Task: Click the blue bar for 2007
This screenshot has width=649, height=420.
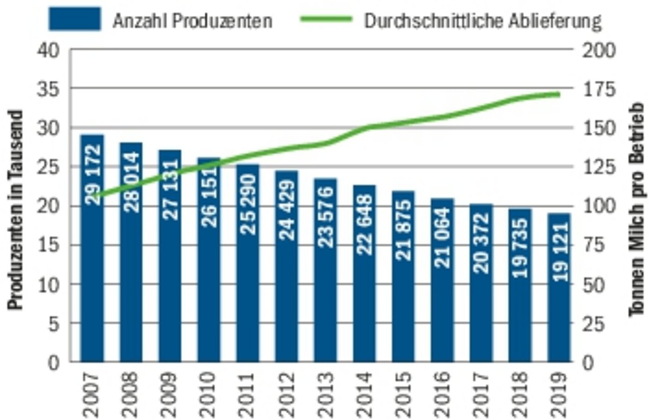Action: coord(92,278)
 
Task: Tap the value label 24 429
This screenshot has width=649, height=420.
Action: coord(287,210)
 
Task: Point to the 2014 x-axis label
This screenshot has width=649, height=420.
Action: coord(365,394)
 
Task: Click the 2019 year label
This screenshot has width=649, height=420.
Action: coord(559,394)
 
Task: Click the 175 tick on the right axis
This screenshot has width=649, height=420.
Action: coord(598,89)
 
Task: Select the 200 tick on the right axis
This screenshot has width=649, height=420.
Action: coord(598,50)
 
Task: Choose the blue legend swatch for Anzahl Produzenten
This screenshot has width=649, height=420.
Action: coord(75,19)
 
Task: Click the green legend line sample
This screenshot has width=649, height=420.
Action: coord(326,19)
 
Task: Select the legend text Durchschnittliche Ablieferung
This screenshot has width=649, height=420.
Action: coord(482,21)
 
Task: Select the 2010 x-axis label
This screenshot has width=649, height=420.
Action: coord(209,394)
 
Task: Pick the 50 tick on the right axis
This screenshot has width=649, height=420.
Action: coord(594,284)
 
